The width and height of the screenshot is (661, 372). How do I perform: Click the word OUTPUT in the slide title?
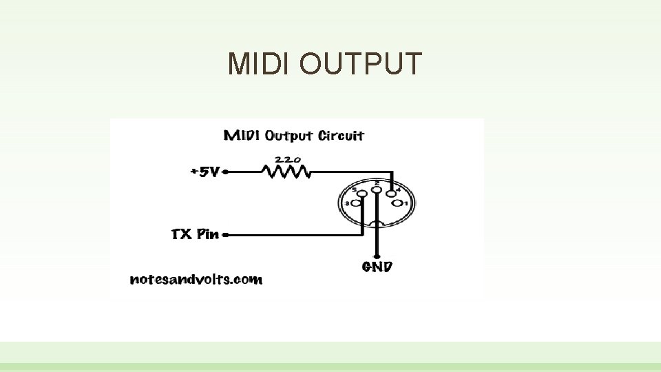pyautogui.click(x=360, y=64)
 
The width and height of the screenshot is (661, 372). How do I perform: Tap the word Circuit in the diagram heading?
pyautogui.click(x=339, y=135)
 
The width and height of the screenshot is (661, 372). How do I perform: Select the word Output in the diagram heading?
pyautogui.click(x=288, y=135)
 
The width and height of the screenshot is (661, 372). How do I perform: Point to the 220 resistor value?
pyautogui.click(x=288, y=158)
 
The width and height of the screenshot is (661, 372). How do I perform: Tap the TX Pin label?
pyautogui.click(x=195, y=234)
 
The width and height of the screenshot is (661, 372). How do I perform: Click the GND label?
pyautogui.click(x=377, y=266)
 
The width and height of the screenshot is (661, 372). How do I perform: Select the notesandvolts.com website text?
pyautogui.click(x=196, y=279)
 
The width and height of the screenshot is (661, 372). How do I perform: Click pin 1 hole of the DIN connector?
pyautogui.click(x=398, y=203)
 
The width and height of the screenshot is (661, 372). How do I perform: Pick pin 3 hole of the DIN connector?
pyautogui.click(x=357, y=203)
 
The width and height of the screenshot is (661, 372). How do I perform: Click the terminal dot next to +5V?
pyautogui.click(x=225, y=172)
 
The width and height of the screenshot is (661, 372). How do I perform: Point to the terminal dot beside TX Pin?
pyautogui.click(x=225, y=234)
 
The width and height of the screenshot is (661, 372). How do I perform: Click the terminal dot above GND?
pyautogui.click(x=377, y=253)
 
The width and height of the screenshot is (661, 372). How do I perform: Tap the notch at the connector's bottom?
pyautogui.click(x=377, y=223)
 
